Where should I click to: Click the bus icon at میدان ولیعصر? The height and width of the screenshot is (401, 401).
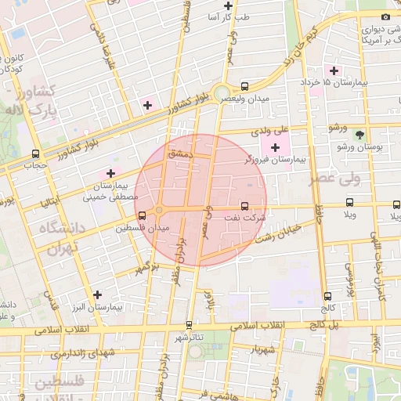click(245, 86)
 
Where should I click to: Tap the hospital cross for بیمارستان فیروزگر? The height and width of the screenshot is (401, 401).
click(275, 147)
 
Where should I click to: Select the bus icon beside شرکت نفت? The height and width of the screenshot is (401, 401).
click(245, 207)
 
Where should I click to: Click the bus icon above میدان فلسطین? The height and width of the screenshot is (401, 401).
click(142, 215)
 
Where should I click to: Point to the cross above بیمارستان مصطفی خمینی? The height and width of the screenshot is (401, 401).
click(110, 173)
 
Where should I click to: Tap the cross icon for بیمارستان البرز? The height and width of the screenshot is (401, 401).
click(97, 294)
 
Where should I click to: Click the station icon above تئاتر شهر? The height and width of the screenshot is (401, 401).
click(189, 324)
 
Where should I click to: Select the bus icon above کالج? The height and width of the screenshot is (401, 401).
click(327, 296)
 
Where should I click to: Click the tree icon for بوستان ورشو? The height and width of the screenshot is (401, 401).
click(359, 135)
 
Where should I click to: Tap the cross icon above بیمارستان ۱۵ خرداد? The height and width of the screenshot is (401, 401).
click(334, 70)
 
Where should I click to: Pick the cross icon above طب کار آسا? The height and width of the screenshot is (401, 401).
click(228, 5)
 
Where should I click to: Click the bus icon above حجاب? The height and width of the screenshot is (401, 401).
click(35, 154)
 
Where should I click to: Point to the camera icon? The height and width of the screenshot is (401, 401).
click(385, 17)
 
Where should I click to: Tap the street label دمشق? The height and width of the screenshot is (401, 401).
click(180, 155)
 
